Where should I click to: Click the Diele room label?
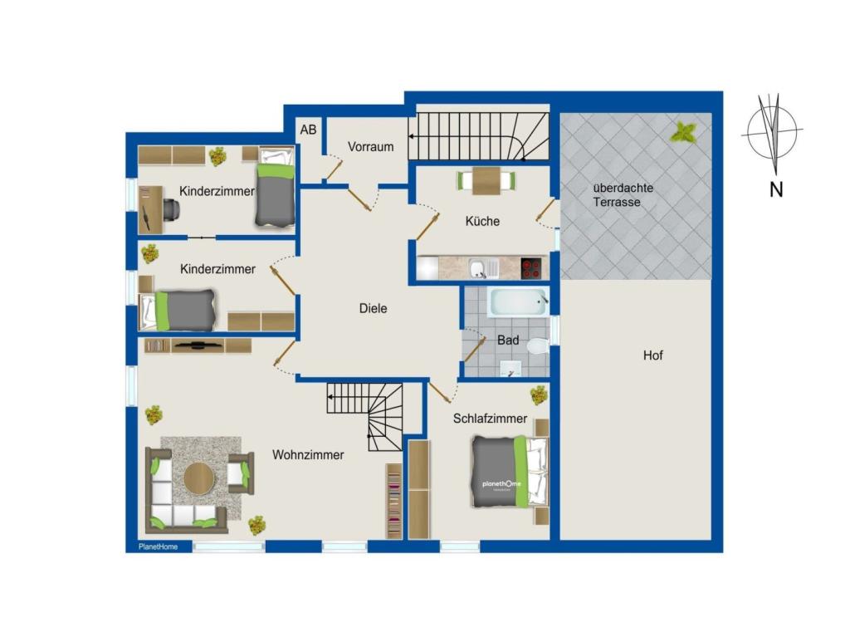pos(373,308)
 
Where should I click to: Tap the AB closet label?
pos(309,130)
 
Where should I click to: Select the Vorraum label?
pos(371,146)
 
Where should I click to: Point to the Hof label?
pos(653,355)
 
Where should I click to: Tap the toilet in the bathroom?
pos(537,345)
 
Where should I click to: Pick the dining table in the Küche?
pos(486,180)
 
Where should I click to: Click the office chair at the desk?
pos(171,209)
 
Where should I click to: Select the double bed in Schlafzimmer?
pos(510,472)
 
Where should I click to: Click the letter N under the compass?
pos(776,189)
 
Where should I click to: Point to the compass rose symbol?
pos(772,132)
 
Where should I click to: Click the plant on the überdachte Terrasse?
pos(683,132)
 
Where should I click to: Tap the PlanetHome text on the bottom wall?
pos(159,546)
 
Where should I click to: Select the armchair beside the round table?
pos(240,473)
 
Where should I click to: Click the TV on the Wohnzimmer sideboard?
pos(198,344)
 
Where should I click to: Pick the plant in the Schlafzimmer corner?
pos(539,395)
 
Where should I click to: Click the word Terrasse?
pos(617,202)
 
